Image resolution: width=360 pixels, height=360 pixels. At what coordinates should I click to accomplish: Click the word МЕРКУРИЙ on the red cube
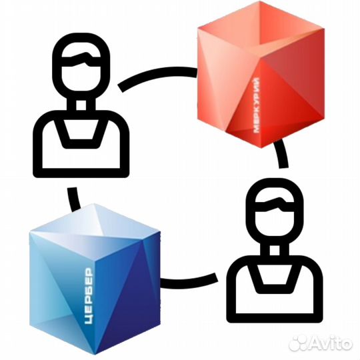click(x=257, y=105)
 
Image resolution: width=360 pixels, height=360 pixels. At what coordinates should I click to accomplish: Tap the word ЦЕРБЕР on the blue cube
click(x=89, y=296)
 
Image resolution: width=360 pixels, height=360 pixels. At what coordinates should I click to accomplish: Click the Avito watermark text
click(x=331, y=344)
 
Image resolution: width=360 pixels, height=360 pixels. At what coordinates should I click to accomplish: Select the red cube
click(x=261, y=75)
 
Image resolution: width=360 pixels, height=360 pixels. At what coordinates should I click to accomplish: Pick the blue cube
click(x=95, y=279)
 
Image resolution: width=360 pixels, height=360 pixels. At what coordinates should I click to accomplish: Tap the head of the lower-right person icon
click(x=275, y=212)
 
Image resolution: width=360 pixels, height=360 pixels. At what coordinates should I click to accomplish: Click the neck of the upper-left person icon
click(x=81, y=105)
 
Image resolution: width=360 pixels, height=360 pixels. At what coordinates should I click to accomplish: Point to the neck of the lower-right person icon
click(x=275, y=250)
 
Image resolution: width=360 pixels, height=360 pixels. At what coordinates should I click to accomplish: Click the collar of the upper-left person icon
click(x=81, y=133)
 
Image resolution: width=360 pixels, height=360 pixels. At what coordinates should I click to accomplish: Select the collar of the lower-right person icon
click(x=275, y=278)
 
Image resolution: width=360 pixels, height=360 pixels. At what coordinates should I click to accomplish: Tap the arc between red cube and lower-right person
click(x=281, y=153)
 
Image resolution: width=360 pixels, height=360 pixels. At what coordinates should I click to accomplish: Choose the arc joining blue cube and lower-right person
click(x=189, y=281)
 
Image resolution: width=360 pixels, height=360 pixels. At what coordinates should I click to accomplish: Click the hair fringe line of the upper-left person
click(x=81, y=60)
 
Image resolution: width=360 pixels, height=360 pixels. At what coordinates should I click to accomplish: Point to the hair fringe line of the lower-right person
click(x=275, y=205)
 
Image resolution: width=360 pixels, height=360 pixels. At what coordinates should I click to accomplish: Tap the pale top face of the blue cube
click(x=94, y=221)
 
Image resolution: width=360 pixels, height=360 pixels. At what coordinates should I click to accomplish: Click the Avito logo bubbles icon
click(x=298, y=344)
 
